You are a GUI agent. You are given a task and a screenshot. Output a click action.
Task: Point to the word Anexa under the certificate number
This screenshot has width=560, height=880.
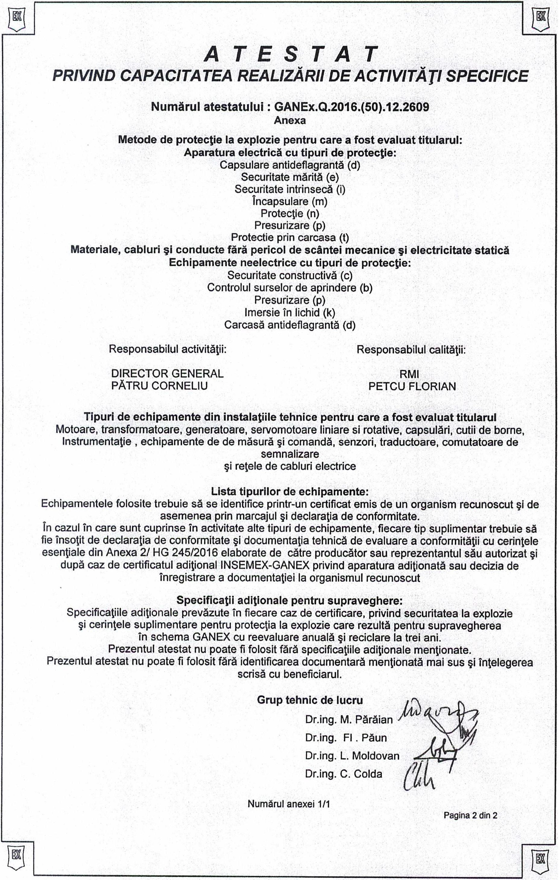pos(290,120)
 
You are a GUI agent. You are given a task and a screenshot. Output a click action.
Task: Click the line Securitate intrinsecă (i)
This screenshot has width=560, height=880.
pos(290,189)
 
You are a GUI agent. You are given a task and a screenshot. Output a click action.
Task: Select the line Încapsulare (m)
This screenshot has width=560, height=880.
pos(290,201)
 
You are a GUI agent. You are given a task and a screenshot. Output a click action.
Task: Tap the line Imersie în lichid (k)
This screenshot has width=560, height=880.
pos(290,312)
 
